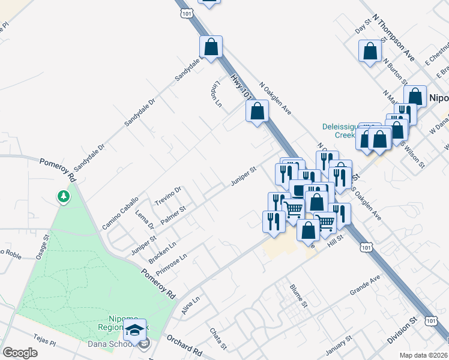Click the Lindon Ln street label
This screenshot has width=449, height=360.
pyautogui.click(x=218, y=93)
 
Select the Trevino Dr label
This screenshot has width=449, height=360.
pyautogui.click(x=168, y=194)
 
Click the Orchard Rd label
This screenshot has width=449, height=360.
pyautogui.click(x=185, y=343)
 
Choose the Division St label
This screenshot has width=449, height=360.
pyautogui.click(x=402, y=331)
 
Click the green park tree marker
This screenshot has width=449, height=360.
pyautogui.click(x=63, y=197)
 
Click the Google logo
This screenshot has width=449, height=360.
pyautogui.click(x=20, y=353)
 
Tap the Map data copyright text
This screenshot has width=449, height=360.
pyautogui.click(x=424, y=355)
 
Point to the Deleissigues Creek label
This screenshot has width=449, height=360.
pyautogui.click(x=340, y=131)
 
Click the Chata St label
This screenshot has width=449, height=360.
pyautogui.click(x=217, y=338)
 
